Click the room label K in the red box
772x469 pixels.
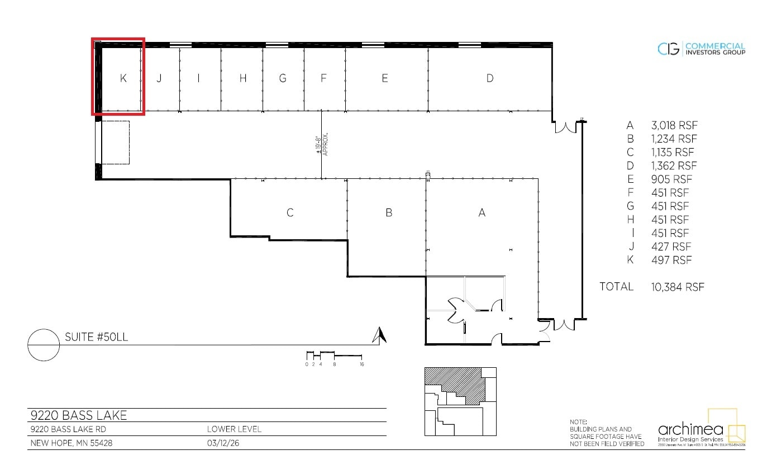[123, 79]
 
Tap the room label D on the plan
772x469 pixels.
[490, 79]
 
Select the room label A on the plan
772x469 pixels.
[482, 213]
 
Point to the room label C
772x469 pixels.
[290, 213]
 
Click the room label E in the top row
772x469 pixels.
[385, 79]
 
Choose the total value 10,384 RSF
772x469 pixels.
[678, 287]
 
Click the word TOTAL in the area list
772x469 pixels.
[616, 287]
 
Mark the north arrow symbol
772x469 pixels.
[380, 335]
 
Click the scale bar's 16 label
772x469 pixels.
[361, 364]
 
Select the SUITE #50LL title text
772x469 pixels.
[97, 337]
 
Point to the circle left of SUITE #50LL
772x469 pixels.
[44, 345]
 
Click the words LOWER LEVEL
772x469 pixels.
[233, 429]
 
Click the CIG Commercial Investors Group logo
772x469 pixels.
[701, 49]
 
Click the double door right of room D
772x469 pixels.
[565, 127]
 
